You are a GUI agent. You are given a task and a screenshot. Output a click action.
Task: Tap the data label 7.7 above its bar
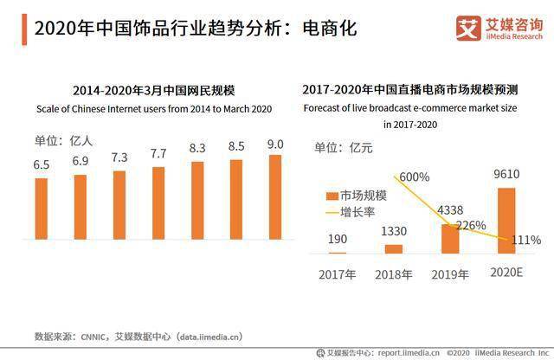click(x=158, y=153)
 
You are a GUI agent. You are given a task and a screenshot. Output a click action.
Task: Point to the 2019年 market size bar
click(x=450, y=238)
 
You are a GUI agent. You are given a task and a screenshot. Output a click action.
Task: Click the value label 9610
click(x=506, y=173)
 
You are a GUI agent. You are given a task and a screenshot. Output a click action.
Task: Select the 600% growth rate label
click(x=414, y=177)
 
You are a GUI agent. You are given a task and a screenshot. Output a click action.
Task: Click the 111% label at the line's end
click(x=525, y=240)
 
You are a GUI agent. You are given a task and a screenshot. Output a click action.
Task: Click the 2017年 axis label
click(x=338, y=275)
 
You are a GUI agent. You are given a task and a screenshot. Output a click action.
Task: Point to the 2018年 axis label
click(x=393, y=275)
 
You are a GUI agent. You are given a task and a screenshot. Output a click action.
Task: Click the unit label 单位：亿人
click(x=57, y=141)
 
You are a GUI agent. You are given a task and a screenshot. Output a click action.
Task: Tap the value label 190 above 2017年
click(x=338, y=239)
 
